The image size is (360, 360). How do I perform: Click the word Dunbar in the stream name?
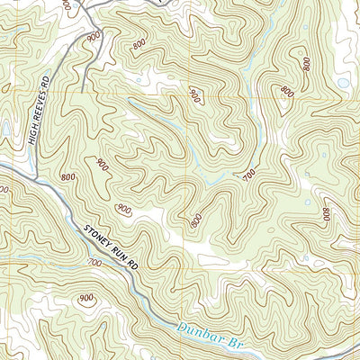(x=199, y=333)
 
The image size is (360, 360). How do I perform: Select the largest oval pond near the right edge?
(x=343, y=83)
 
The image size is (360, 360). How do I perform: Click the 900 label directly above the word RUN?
(x=122, y=210)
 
